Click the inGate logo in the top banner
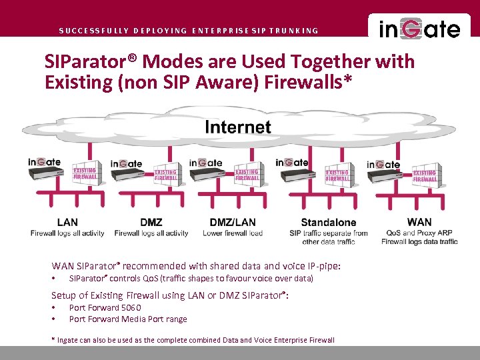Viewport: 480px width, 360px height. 419,29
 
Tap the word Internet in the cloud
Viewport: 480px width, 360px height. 237,127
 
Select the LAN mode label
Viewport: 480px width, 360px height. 67,222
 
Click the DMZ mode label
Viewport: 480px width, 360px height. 151,222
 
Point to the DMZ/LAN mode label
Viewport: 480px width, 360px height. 233,222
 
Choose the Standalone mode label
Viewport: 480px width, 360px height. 329,223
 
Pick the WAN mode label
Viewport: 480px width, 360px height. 419,222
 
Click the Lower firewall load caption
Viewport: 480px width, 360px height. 233,233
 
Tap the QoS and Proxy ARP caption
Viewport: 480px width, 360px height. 419,233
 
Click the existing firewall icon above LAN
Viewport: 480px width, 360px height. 85,175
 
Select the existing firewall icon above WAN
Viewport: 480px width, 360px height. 425,175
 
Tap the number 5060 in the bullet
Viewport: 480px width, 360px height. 131,307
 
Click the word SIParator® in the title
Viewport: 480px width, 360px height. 91,63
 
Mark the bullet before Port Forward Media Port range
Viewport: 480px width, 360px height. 53,319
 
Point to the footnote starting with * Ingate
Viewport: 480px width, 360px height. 193,340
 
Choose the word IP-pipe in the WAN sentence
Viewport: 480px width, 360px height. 321,266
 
